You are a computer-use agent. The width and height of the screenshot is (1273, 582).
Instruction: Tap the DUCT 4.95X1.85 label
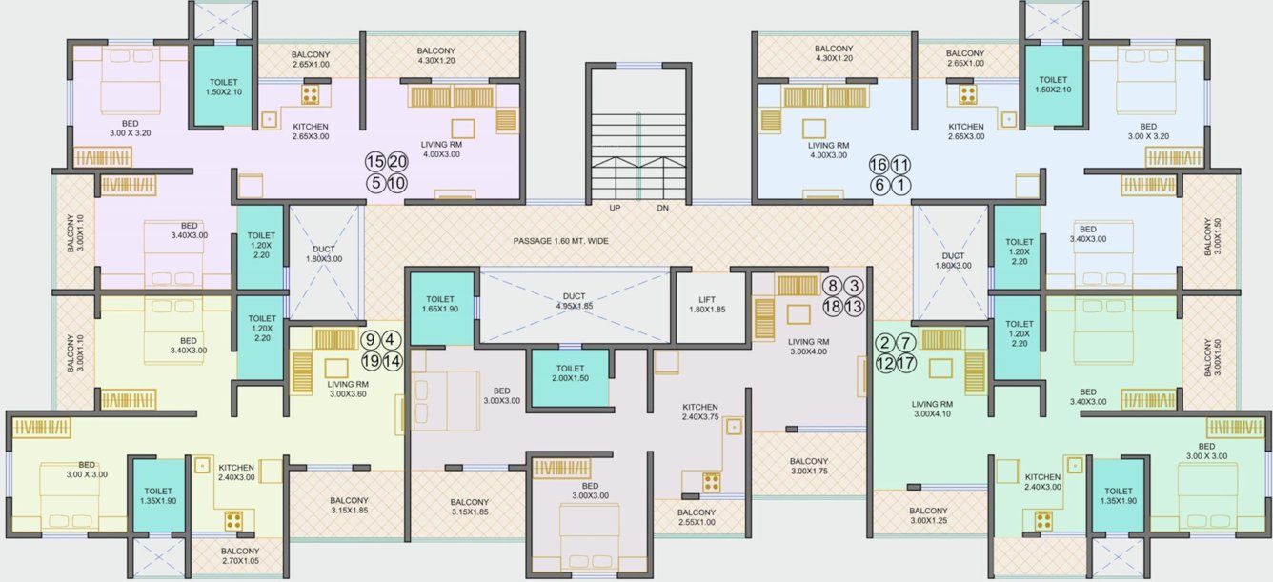pos(574,301)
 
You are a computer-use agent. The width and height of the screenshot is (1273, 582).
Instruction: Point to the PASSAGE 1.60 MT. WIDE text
pos(560,241)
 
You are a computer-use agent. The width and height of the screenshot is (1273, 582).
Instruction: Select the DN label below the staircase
pos(663,208)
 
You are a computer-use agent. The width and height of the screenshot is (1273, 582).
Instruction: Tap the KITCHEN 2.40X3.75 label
pos(699,412)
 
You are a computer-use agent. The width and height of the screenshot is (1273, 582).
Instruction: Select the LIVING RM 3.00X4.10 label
pos(934,409)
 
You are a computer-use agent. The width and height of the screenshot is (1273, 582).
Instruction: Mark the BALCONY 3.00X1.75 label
pos(810,466)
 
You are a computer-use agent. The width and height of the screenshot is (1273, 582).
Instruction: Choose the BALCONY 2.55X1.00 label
pos(697,516)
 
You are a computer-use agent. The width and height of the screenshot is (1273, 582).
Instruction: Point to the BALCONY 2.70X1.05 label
pos(240,556)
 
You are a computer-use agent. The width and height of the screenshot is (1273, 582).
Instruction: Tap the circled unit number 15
pos(375,162)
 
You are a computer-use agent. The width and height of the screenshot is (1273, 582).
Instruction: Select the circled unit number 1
pos(900,186)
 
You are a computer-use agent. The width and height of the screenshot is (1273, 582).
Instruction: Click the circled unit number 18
pos(832,307)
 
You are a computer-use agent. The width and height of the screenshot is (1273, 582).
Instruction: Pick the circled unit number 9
pos(372,339)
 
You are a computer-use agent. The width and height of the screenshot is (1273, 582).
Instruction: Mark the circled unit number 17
pos(906,363)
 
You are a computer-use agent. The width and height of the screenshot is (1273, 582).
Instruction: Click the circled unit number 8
pos(832,285)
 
